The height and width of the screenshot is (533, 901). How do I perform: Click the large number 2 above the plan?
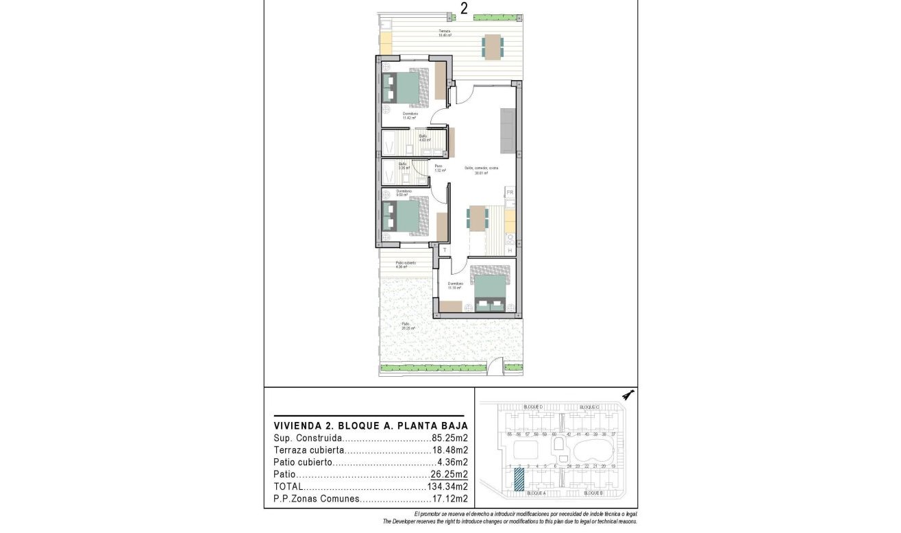465,8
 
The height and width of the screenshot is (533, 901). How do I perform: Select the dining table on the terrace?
491,47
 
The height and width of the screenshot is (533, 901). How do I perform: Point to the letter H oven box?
510,251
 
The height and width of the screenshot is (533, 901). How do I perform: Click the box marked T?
444,251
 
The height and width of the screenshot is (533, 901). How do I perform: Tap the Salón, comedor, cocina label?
480,168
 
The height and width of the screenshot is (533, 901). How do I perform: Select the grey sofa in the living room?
507,131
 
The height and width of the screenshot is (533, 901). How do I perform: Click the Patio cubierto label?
406,263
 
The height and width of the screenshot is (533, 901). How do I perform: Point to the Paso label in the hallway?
439,166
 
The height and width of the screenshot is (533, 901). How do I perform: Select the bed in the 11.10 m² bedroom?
491,293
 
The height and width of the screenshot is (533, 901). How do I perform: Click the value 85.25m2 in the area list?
449,438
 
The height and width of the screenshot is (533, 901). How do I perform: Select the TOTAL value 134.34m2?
446,486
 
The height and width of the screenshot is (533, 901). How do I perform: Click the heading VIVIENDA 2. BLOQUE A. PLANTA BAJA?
371,424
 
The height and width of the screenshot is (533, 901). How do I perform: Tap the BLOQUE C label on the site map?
589,407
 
